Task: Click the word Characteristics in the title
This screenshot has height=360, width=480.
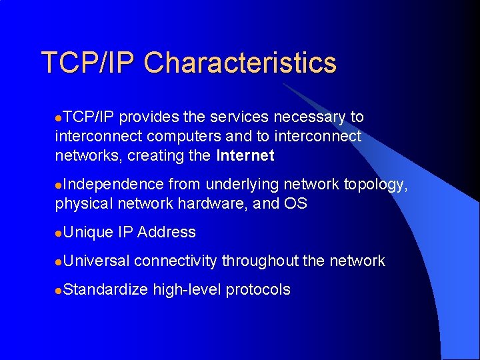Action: [x=240, y=63]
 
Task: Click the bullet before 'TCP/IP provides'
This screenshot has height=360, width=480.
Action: [x=59, y=118]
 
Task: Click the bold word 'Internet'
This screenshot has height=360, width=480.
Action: [x=245, y=156]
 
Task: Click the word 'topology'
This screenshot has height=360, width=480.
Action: [x=375, y=185]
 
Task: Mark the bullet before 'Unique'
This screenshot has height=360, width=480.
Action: [x=59, y=233]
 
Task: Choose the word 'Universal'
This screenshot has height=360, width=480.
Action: [x=96, y=261]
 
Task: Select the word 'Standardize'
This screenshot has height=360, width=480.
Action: [x=106, y=290]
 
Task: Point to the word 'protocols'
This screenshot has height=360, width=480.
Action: [x=257, y=290]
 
